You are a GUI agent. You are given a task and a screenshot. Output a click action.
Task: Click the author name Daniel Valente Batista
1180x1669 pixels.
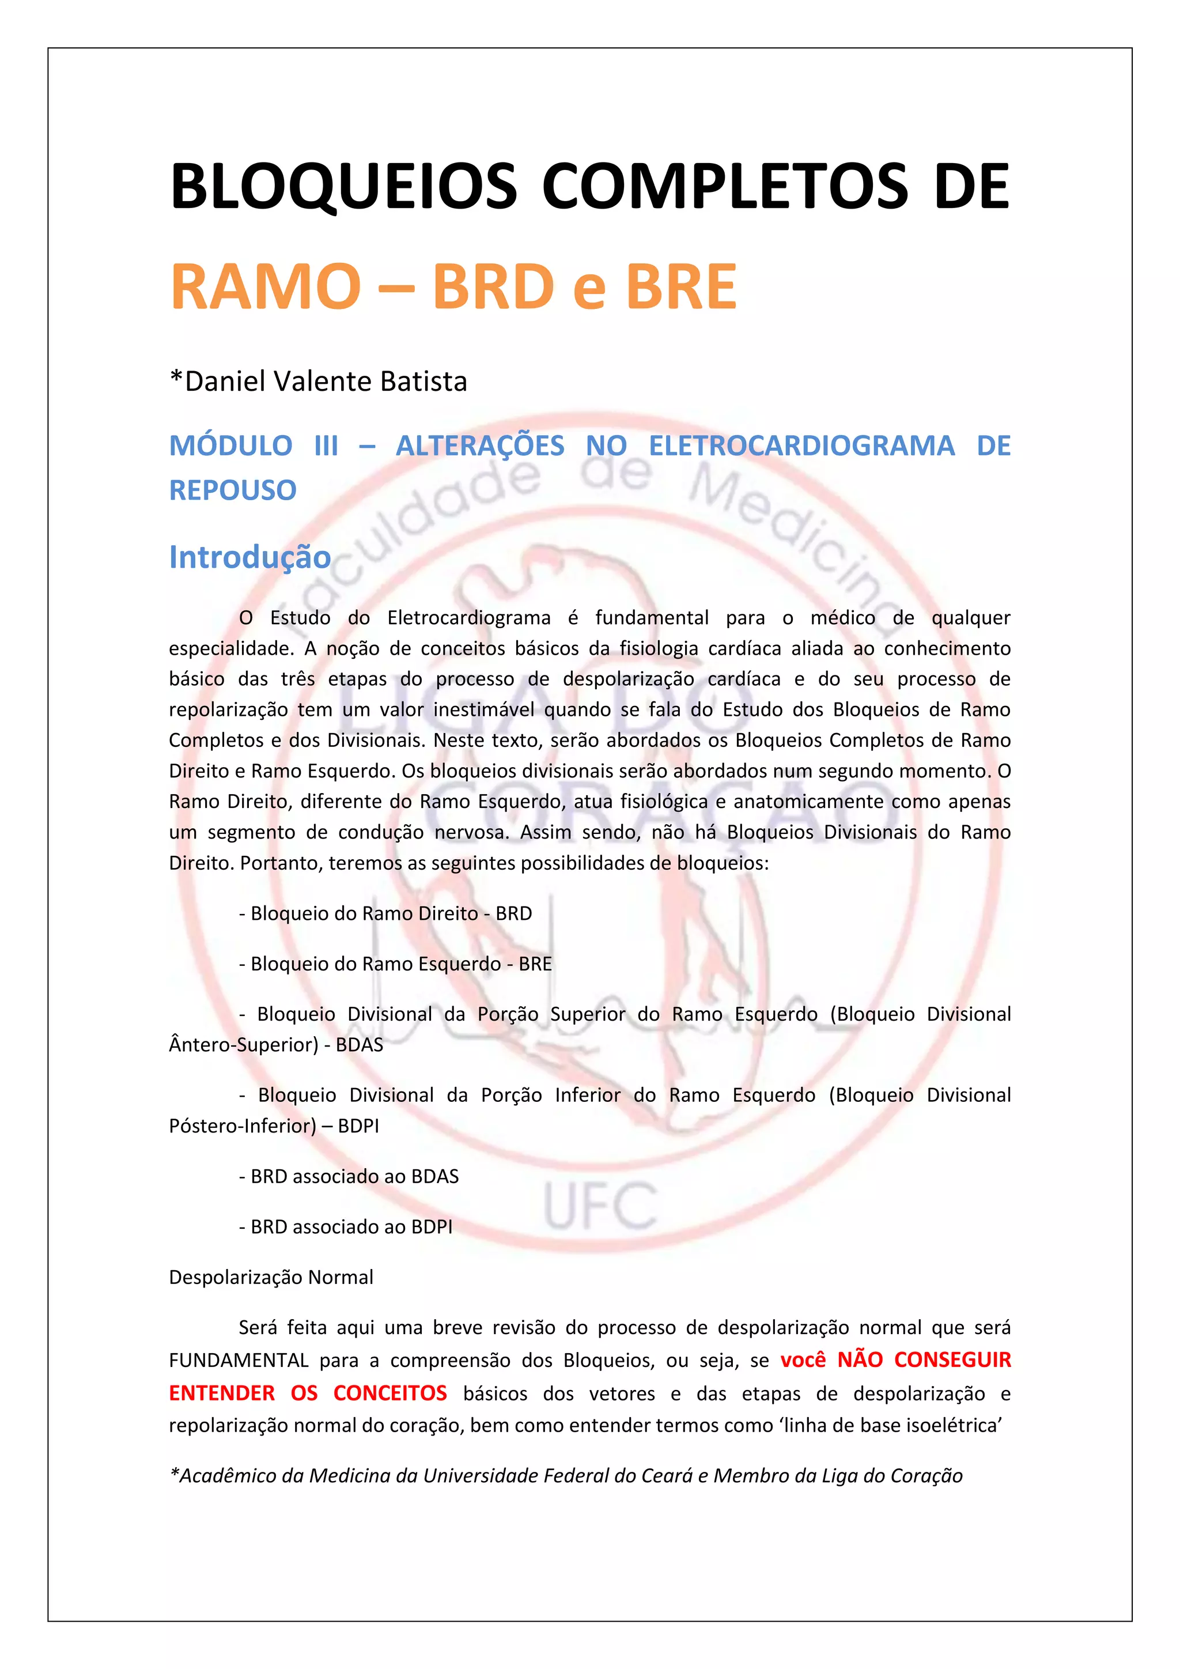[318, 381]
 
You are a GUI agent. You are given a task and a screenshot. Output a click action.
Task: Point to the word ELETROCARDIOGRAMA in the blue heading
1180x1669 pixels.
[801, 445]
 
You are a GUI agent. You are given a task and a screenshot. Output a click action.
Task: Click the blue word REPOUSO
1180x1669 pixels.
[233, 490]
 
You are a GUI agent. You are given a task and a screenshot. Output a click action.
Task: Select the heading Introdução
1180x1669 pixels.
[250, 557]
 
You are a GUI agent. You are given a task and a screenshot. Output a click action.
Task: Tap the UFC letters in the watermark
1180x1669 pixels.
[600, 1206]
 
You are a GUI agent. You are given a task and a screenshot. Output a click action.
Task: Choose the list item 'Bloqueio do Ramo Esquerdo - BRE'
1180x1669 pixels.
[396, 964]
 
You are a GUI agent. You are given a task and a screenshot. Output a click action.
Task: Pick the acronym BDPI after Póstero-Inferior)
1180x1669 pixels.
[358, 1126]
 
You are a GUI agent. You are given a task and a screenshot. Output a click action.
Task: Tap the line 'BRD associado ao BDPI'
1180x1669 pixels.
[346, 1227]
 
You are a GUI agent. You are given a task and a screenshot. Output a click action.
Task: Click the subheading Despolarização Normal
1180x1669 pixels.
[271, 1277]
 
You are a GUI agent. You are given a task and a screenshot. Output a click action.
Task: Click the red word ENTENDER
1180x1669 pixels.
[222, 1393]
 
